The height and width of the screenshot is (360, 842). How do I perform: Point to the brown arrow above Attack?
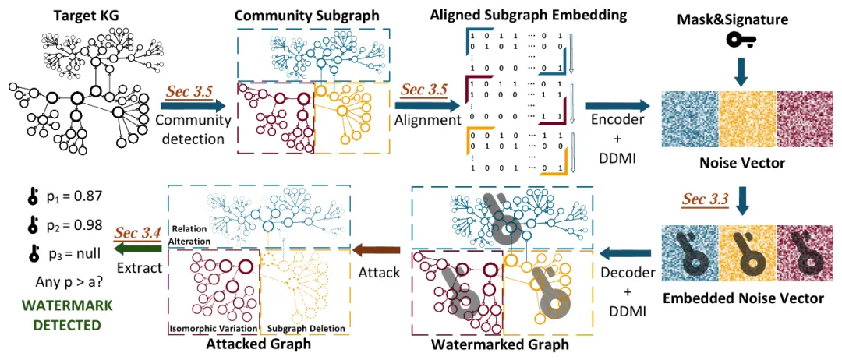tap(377, 249)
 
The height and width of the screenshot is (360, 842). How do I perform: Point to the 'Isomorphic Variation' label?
tap(212, 328)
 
